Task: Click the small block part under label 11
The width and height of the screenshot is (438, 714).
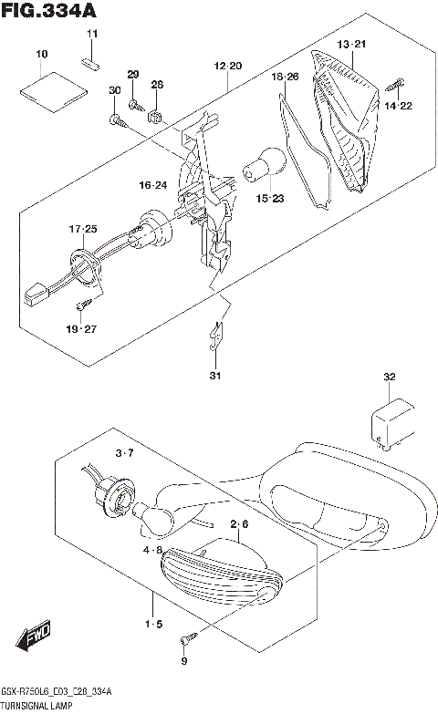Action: [x=91, y=63]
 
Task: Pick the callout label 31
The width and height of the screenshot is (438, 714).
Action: [x=214, y=376]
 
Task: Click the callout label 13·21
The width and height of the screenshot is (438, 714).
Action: [x=351, y=45]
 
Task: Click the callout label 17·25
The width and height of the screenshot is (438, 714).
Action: [x=81, y=228]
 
